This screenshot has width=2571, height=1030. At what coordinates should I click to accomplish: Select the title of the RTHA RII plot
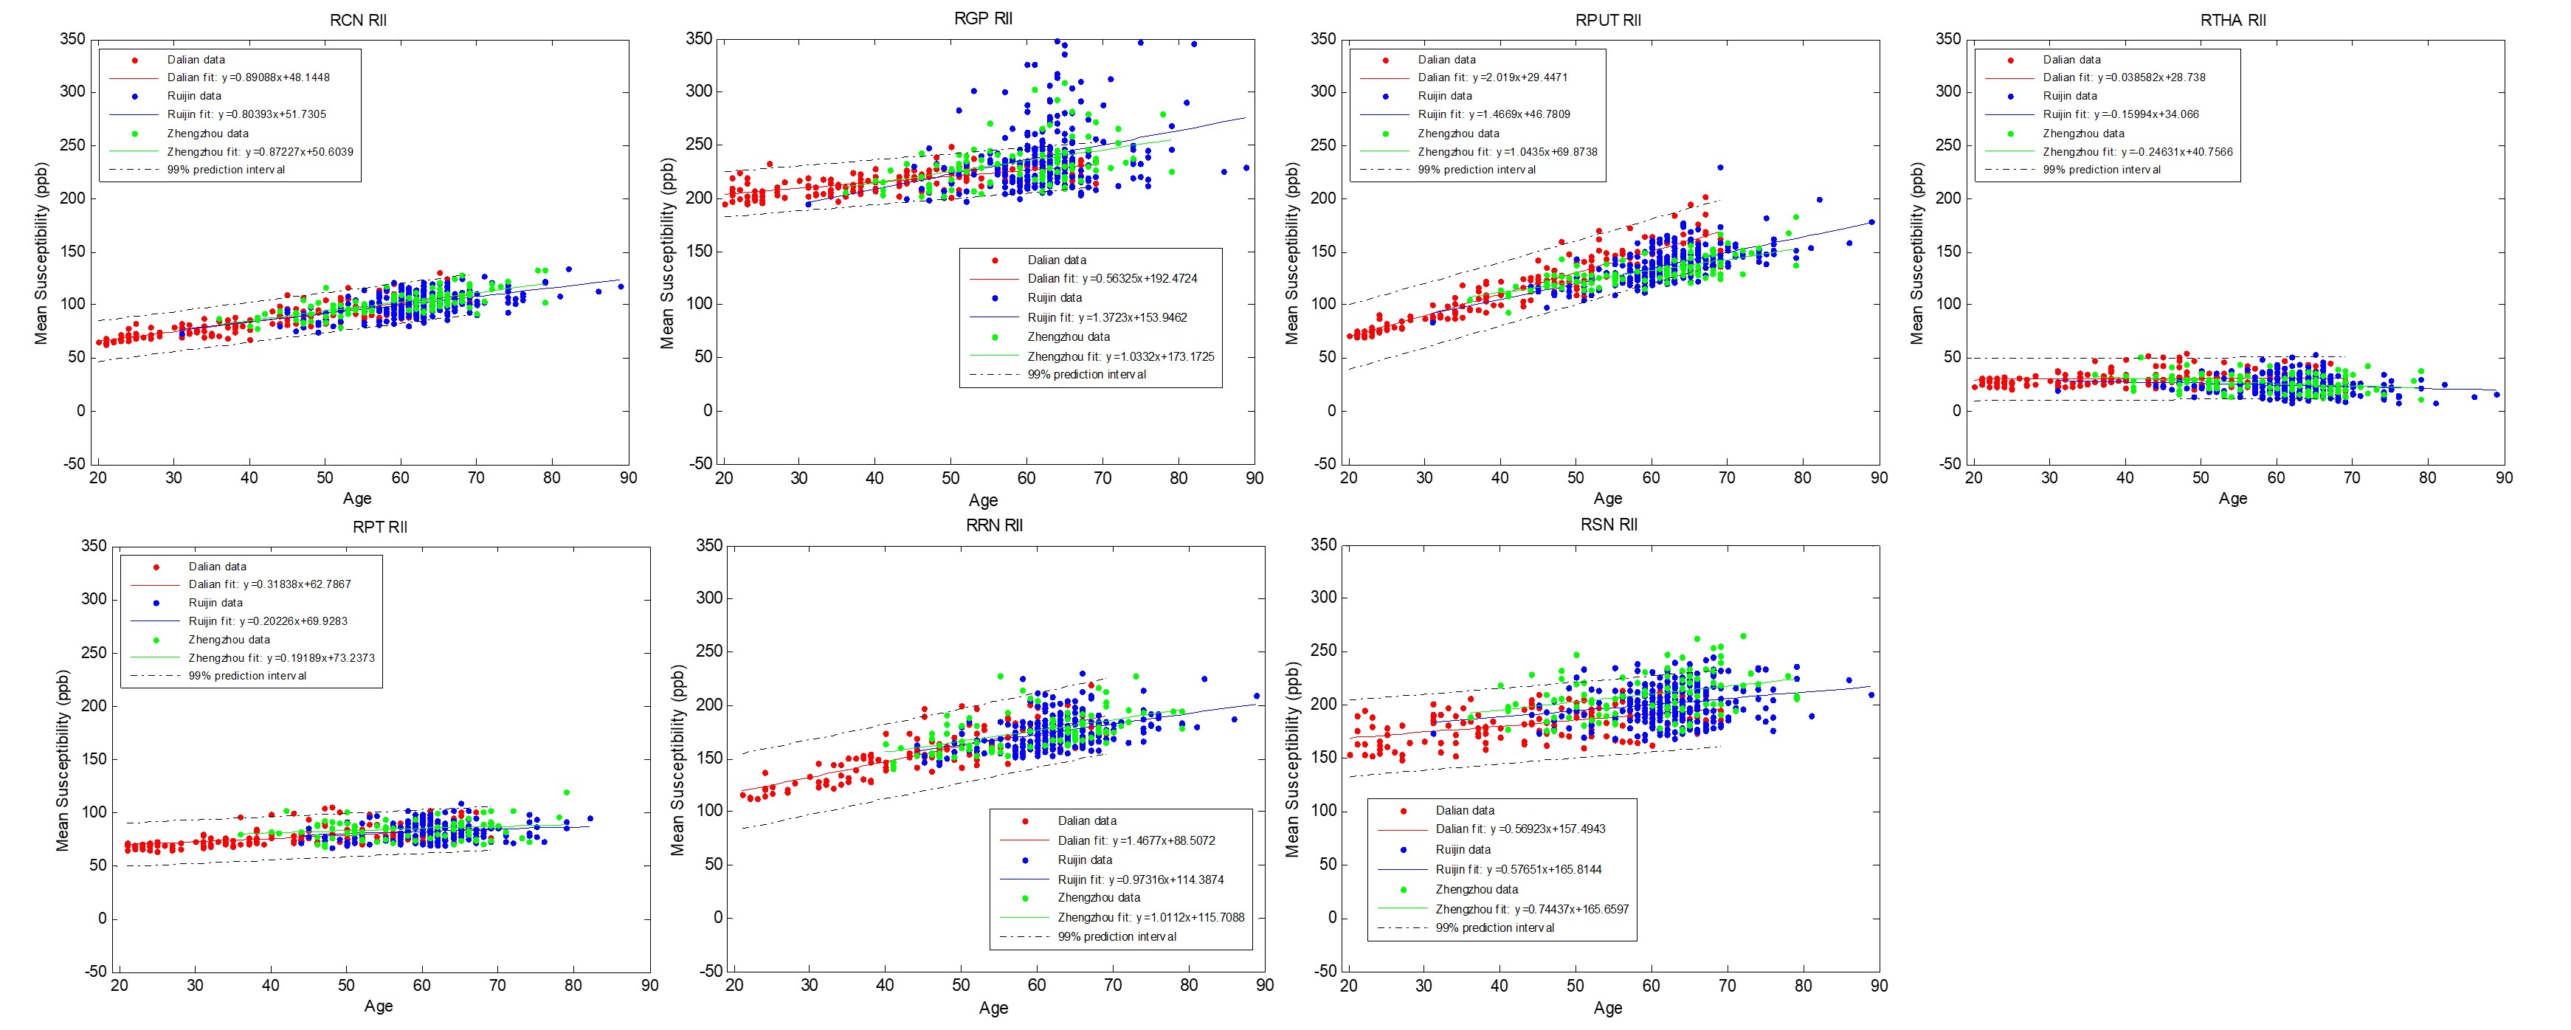(2233, 20)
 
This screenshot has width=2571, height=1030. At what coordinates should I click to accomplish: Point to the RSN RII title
(1609, 525)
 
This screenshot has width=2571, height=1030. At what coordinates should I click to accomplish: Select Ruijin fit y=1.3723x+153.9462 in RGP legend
(1108, 317)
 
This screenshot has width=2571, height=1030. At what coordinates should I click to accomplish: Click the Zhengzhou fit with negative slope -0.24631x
(2137, 152)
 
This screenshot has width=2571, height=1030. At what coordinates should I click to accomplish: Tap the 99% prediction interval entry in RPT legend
(247, 676)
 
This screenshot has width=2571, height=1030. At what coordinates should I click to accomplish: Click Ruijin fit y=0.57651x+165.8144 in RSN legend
(1518, 869)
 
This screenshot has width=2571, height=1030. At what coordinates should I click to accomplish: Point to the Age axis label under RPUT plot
(1607, 498)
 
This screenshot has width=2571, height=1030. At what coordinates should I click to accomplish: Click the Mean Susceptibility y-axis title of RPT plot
(63, 759)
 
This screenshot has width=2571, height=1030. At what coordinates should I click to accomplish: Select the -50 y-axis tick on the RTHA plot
(1949, 463)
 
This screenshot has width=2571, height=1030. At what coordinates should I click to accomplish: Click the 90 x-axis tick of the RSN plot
(1878, 985)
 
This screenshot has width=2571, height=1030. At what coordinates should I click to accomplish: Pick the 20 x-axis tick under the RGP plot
(724, 478)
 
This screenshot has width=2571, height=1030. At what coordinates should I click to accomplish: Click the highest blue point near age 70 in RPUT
(1719, 167)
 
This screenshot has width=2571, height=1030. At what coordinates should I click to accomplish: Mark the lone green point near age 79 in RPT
(566, 792)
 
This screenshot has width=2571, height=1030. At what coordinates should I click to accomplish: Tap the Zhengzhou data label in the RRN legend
(1099, 897)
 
